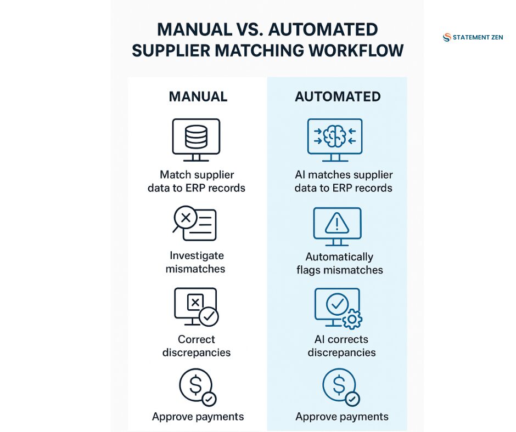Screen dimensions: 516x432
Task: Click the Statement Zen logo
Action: (x=473, y=37)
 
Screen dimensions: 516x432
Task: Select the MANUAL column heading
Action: (x=198, y=96)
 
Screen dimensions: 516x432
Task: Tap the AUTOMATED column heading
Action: (x=338, y=96)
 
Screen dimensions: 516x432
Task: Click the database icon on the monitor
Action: (x=196, y=137)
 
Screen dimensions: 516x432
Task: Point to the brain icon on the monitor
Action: (x=334, y=136)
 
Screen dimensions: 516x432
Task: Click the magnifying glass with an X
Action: (x=184, y=219)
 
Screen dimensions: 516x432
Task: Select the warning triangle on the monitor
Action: (x=336, y=223)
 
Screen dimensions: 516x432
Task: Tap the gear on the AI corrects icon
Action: (x=352, y=319)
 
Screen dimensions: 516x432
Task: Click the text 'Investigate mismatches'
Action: (x=195, y=262)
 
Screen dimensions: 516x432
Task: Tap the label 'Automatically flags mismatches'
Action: (x=340, y=263)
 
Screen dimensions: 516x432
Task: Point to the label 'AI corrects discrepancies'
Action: (x=341, y=346)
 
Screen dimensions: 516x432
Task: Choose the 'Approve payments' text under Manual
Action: (x=198, y=417)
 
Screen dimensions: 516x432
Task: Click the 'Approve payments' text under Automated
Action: (x=342, y=417)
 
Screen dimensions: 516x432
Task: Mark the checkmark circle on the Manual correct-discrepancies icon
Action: (x=209, y=317)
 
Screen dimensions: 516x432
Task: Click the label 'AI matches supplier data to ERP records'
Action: (x=344, y=181)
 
